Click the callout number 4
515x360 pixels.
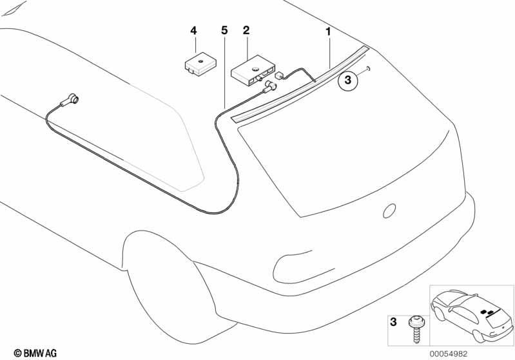(x=193, y=31)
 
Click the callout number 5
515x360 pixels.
(x=224, y=30)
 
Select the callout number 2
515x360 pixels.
(x=246, y=30)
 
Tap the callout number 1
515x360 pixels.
(x=329, y=32)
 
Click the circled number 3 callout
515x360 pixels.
(x=348, y=80)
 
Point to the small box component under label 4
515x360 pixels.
(x=200, y=63)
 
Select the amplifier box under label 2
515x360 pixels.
(x=253, y=71)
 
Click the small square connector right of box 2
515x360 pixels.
(x=279, y=75)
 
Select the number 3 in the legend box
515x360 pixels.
(x=393, y=322)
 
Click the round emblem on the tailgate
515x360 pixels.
(x=389, y=211)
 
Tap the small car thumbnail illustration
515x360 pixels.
(x=471, y=316)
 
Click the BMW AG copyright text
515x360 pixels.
(x=35, y=353)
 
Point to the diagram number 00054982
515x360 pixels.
(x=449, y=354)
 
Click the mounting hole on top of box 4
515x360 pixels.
(x=200, y=61)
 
